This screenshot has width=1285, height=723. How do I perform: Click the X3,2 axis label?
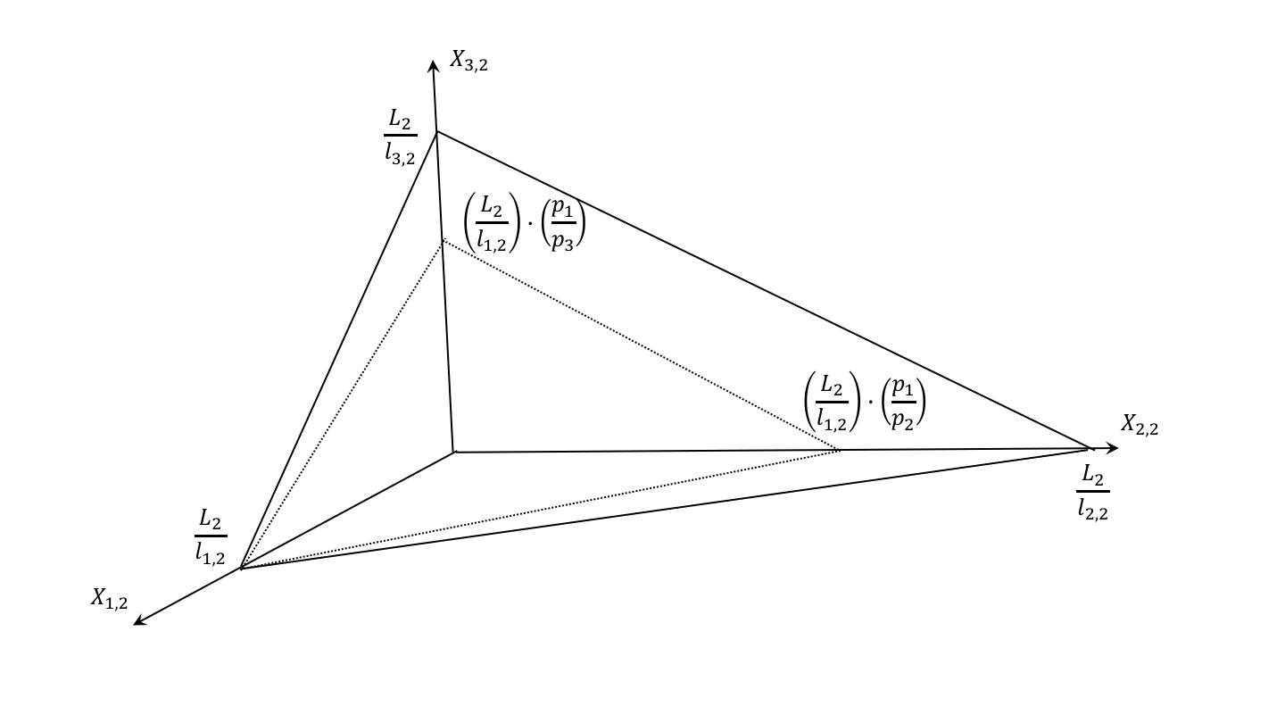tap(468, 62)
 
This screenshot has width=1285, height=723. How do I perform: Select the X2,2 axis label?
tap(1140, 426)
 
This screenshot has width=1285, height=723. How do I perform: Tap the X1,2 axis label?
tap(109, 599)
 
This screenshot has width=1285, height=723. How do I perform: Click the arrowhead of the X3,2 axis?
tap(433, 65)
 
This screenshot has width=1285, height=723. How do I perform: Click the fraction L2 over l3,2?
tap(400, 136)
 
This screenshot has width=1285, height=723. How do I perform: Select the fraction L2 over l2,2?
tap(1092, 492)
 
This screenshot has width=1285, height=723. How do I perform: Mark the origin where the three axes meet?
tap(454, 452)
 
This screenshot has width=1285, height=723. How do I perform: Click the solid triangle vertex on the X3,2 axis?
tap(436, 132)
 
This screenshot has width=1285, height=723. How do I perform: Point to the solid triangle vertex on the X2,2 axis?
tap(1090, 448)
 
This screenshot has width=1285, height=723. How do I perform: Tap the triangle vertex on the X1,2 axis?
tap(241, 568)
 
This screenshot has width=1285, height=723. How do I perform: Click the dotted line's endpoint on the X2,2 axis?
tap(840, 450)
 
